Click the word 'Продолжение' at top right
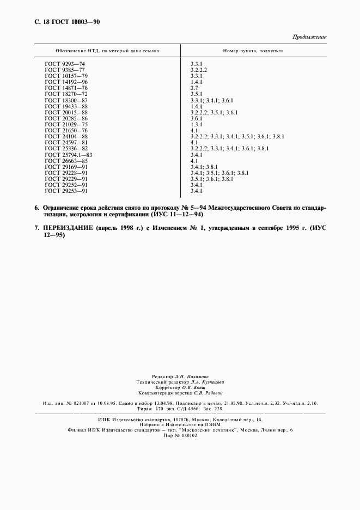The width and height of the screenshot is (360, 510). point(310,37)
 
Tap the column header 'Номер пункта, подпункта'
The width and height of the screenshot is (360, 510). point(253,51)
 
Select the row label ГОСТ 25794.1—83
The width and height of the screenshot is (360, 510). point(69,155)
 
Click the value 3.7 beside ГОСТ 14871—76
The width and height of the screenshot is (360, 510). point(194,88)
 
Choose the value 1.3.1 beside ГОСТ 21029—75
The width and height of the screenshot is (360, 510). point(196,124)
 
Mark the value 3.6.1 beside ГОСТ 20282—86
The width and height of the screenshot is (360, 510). point(196,118)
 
